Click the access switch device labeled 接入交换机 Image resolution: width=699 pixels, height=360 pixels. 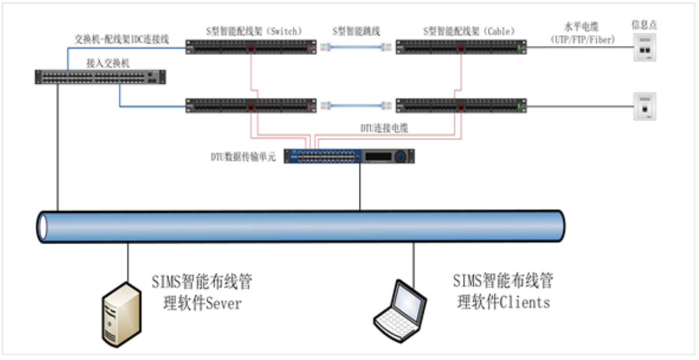(100, 77)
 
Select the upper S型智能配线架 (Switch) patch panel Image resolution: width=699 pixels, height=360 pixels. (251, 47)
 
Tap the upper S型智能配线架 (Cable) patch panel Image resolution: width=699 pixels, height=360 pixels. (461, 47)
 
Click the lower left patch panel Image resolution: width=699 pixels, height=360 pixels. (251, 105)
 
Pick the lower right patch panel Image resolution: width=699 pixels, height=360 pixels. (461, 105)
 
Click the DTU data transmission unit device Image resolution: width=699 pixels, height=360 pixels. (349, 156)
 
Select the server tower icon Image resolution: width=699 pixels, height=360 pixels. (120, 313)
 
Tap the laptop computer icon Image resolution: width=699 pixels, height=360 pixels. (399, 309)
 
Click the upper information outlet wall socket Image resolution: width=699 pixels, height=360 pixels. (644, 47)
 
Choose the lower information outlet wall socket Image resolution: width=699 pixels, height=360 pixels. (644, 106)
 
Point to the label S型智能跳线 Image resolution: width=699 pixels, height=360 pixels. (356, 30)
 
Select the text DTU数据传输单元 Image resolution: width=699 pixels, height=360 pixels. (244, 156)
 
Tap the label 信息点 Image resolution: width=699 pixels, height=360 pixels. (643, 25)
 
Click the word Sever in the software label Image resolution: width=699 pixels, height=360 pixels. (222, 303)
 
